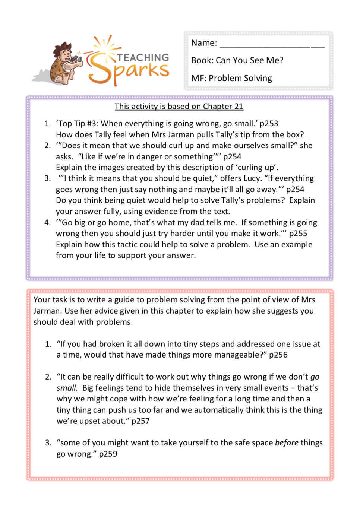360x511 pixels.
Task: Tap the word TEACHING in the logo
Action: (143, 58)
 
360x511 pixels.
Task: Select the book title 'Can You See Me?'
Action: (249, 60)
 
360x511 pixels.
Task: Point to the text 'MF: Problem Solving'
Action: (231, 78)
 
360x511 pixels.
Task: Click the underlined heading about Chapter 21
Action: (179, 107)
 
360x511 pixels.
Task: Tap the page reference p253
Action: (269, 124)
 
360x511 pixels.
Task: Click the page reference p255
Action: (298, 234)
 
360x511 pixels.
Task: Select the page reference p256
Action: (278, 355)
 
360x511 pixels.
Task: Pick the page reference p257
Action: (140, 421)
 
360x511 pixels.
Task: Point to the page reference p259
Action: (108, 454)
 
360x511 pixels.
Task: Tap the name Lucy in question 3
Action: (252, 178)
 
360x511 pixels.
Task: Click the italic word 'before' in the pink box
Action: (287, 443)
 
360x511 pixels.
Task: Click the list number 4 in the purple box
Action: (47, 223)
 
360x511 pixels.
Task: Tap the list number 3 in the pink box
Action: (48, 443)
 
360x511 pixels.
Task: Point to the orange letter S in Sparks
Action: (100, 69)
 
